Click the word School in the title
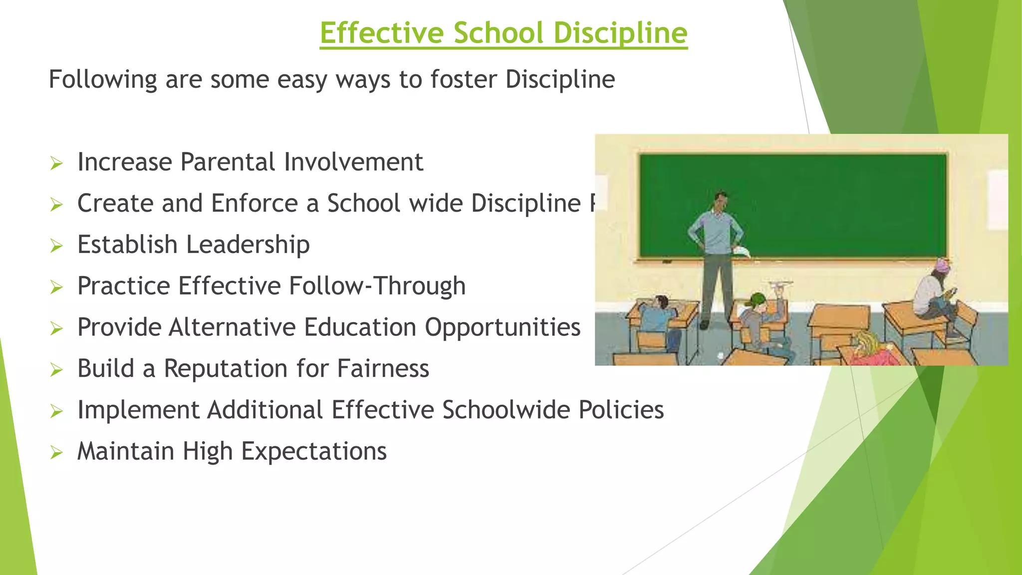point(499,33)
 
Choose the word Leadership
point(248,245)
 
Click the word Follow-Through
point(377,286)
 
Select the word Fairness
point(383,369)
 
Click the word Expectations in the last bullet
point(314,451)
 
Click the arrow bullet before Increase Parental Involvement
point(56,163)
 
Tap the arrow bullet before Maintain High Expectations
point(56,453)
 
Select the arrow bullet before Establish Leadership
point(56,246)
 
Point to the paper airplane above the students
point(780,285)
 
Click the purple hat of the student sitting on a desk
point(940,265)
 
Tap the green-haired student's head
point(757,300)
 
